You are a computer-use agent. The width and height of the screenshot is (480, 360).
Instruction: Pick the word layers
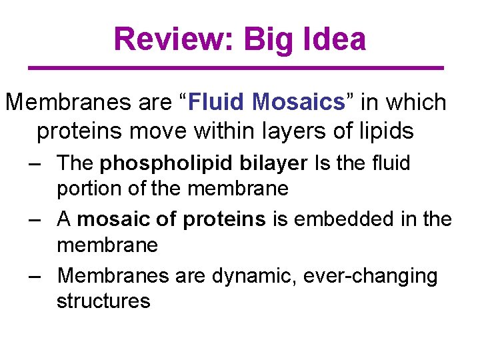[x=297, y=131]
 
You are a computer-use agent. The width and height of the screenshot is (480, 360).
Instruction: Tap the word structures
[x=103, y=301]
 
